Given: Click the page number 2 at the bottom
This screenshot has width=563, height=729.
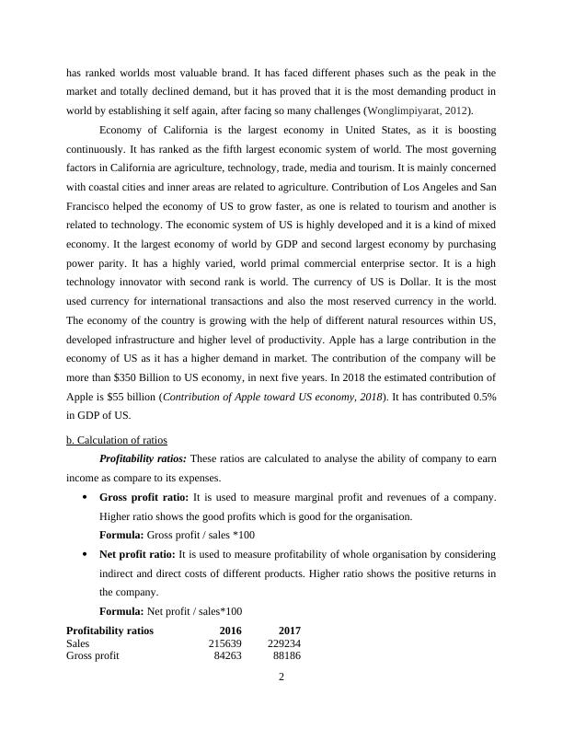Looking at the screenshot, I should pos(281,678).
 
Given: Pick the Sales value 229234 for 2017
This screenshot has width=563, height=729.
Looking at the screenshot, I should pos(281,643).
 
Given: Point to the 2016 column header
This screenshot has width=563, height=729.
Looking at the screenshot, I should pos(230,631).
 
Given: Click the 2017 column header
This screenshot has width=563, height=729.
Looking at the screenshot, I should pos(290,631).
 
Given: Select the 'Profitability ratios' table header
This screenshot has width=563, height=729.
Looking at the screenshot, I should pos(109,631).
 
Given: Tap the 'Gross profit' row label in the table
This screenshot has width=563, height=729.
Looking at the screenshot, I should pos(93,656).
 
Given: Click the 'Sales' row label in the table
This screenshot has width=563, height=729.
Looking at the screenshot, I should pos(79,643).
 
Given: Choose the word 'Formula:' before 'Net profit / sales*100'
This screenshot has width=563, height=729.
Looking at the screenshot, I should pos(121,611).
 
